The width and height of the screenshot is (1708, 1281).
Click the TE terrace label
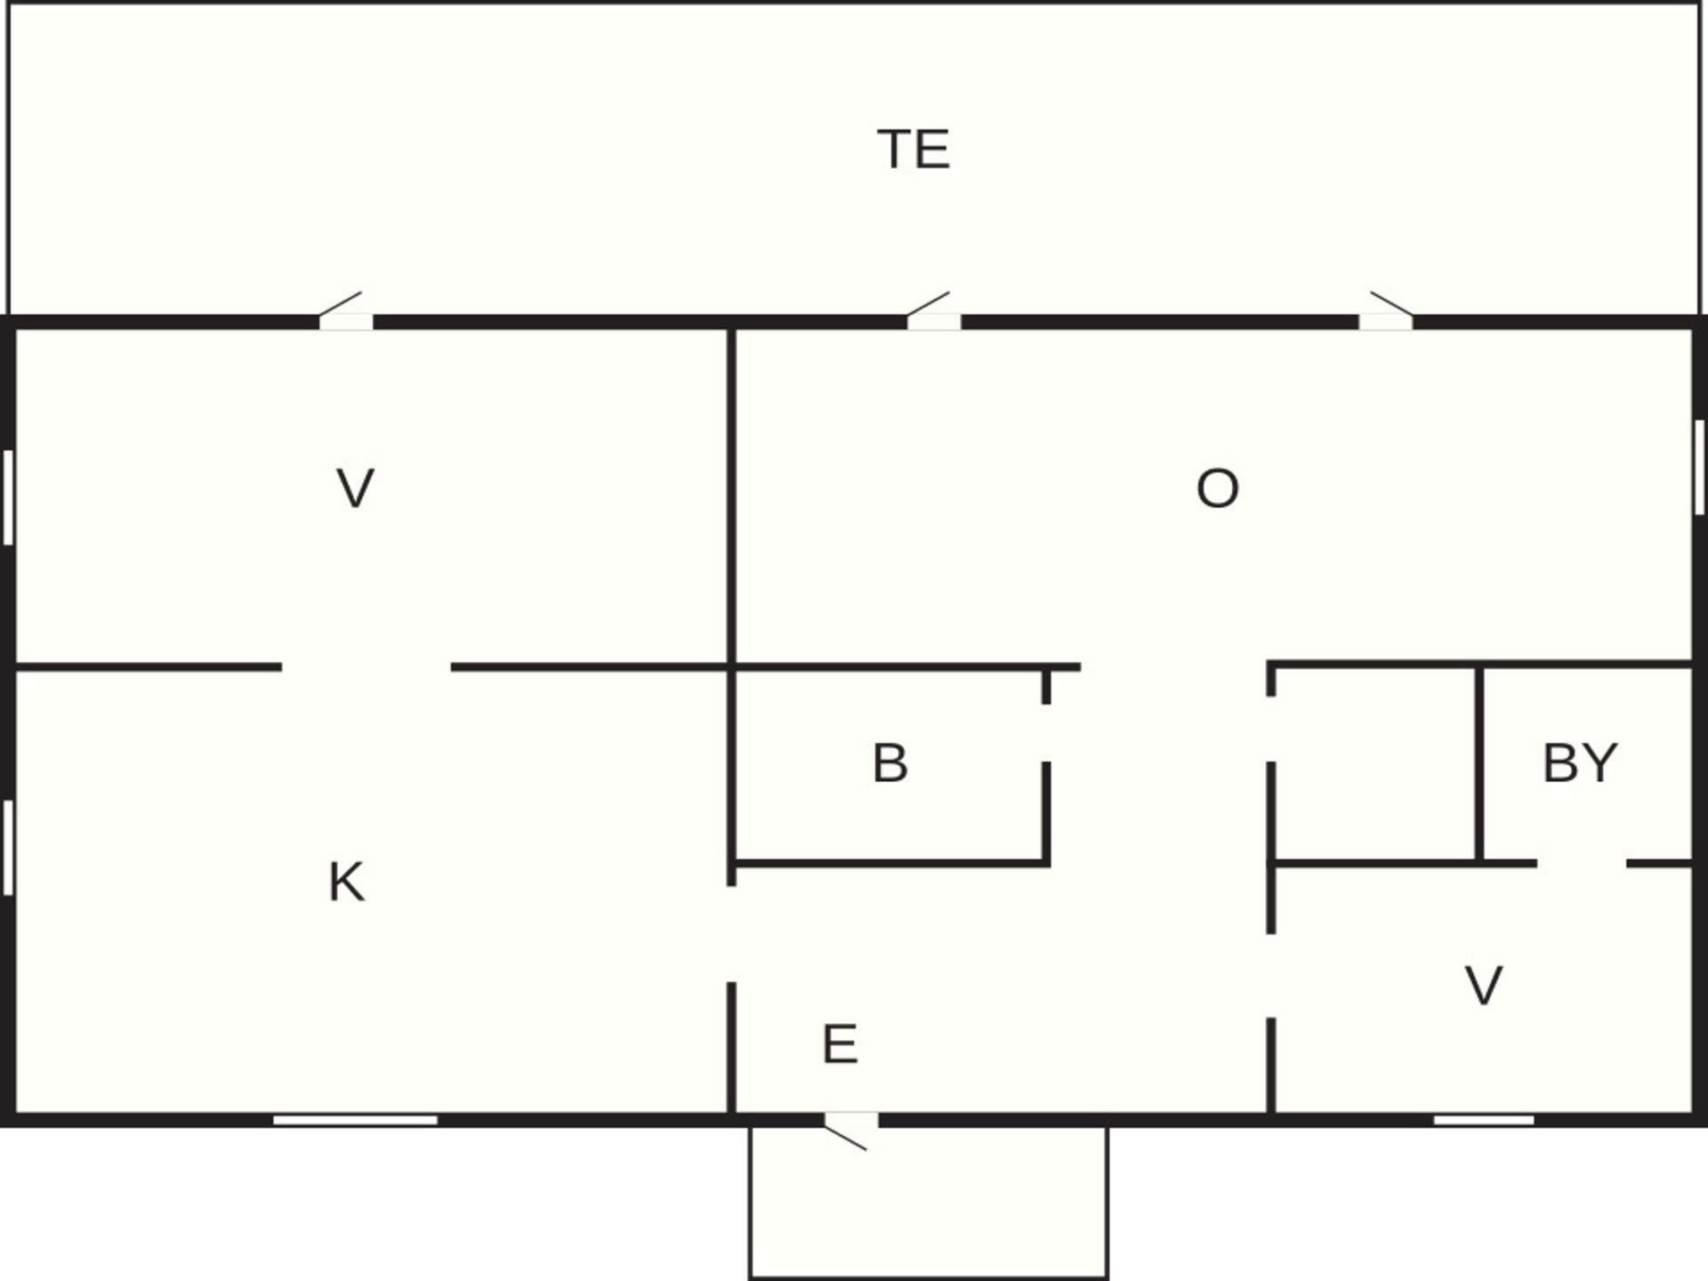(914, 149)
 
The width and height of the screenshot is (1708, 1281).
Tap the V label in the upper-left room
(355, 488)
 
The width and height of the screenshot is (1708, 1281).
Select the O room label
(1217, 488)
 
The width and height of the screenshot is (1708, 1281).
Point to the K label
(346, 882)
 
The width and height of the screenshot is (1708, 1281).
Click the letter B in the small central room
(890, 763)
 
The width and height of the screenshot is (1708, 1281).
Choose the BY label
(1580, 763)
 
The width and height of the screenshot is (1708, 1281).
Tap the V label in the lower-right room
(1484, 986)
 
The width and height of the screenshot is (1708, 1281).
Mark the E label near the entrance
(840, 1044)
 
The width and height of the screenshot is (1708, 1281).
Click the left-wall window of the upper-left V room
(8, 497)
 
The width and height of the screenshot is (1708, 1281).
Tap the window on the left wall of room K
(8, 847)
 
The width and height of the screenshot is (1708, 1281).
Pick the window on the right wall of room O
(1699, 467)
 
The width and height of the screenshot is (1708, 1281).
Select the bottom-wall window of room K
(355, 1120)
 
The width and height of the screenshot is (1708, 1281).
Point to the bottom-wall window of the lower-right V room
(1484, 1120)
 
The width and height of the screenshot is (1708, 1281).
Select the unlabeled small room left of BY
(1375, 763)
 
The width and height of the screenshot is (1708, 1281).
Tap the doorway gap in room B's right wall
(1046, 733)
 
